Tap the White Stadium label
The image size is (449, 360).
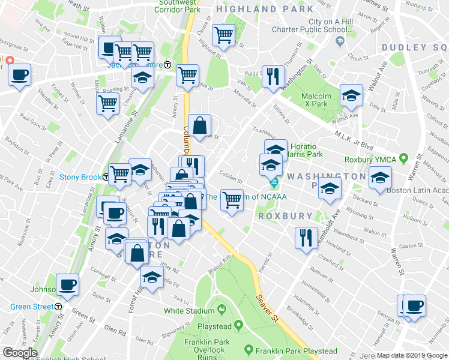pos(189,311)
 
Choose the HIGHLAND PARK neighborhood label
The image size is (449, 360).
pos(265,9)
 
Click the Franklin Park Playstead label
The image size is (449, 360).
pos(295,351)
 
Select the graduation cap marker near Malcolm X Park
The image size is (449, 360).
pos(351,95)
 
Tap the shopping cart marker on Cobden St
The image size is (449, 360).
pos(232,200)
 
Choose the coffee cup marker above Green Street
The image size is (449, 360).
pos(67,284)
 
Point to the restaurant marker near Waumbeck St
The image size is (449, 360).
pos(306,237)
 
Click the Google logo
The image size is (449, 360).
pos(20,353)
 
